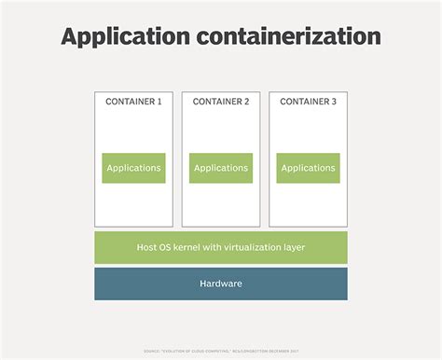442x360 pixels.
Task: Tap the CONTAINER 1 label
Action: (x=133, y=102)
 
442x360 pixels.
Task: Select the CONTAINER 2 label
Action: (x=221, y=102)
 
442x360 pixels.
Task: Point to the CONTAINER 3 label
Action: (x=308, y=102)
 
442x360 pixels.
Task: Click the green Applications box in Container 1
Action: (x=133, y=168)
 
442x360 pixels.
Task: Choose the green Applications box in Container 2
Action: (x=221, y=168)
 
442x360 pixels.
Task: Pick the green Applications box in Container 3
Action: (x=308, y=168)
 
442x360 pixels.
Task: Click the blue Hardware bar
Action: (x=221, y=284)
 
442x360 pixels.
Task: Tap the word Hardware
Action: (x=221, y=284)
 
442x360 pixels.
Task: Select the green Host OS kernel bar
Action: (x=221, y=247)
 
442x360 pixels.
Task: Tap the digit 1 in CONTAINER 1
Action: (x=159, y=102)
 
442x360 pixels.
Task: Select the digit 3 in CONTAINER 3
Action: (x=334, y=102)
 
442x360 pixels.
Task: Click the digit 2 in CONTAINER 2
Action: (x=247, y=102)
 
